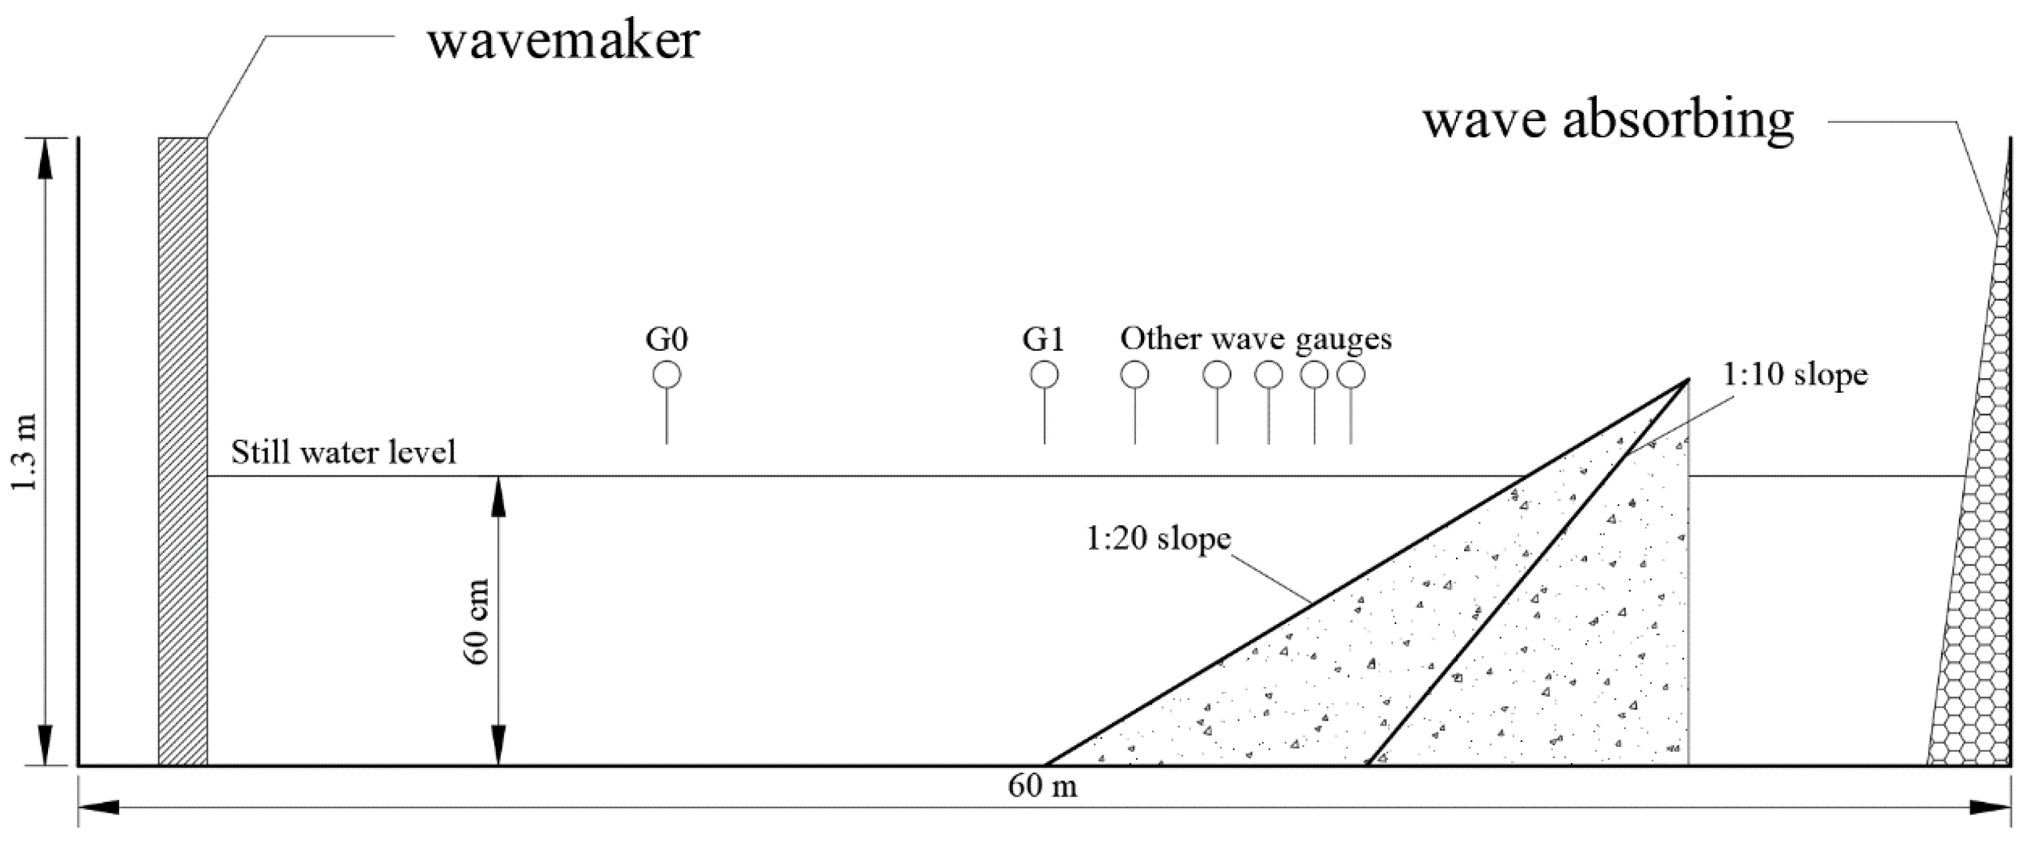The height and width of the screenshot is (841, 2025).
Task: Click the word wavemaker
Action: [x=563, y=41]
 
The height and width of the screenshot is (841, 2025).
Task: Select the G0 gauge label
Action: [x=667, y=339]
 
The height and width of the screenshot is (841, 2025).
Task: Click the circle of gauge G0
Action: [x=667, y=375]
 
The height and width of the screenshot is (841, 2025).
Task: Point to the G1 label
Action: [x=1043, y=339]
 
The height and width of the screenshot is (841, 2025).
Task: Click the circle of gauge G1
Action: [x=1044, y=375]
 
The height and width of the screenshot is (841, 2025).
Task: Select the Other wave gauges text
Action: [x=1255, y=339]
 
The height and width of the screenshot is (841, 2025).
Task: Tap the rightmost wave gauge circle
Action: [x=1351, y=375]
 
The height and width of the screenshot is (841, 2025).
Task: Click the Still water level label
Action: [x=344, y=453]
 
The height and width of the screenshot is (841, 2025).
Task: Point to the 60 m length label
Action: [x=1042, y=786]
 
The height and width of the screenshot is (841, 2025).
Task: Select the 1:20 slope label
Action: [x=1158, y=539]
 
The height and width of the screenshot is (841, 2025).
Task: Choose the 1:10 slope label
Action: [x=1795, y=374]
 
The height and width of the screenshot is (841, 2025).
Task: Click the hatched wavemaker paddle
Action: [x=182, y=451]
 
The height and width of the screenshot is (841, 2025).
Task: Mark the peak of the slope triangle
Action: [x=1686, y=381]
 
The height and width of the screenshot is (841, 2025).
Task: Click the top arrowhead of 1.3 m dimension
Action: [x=46, y=153]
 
